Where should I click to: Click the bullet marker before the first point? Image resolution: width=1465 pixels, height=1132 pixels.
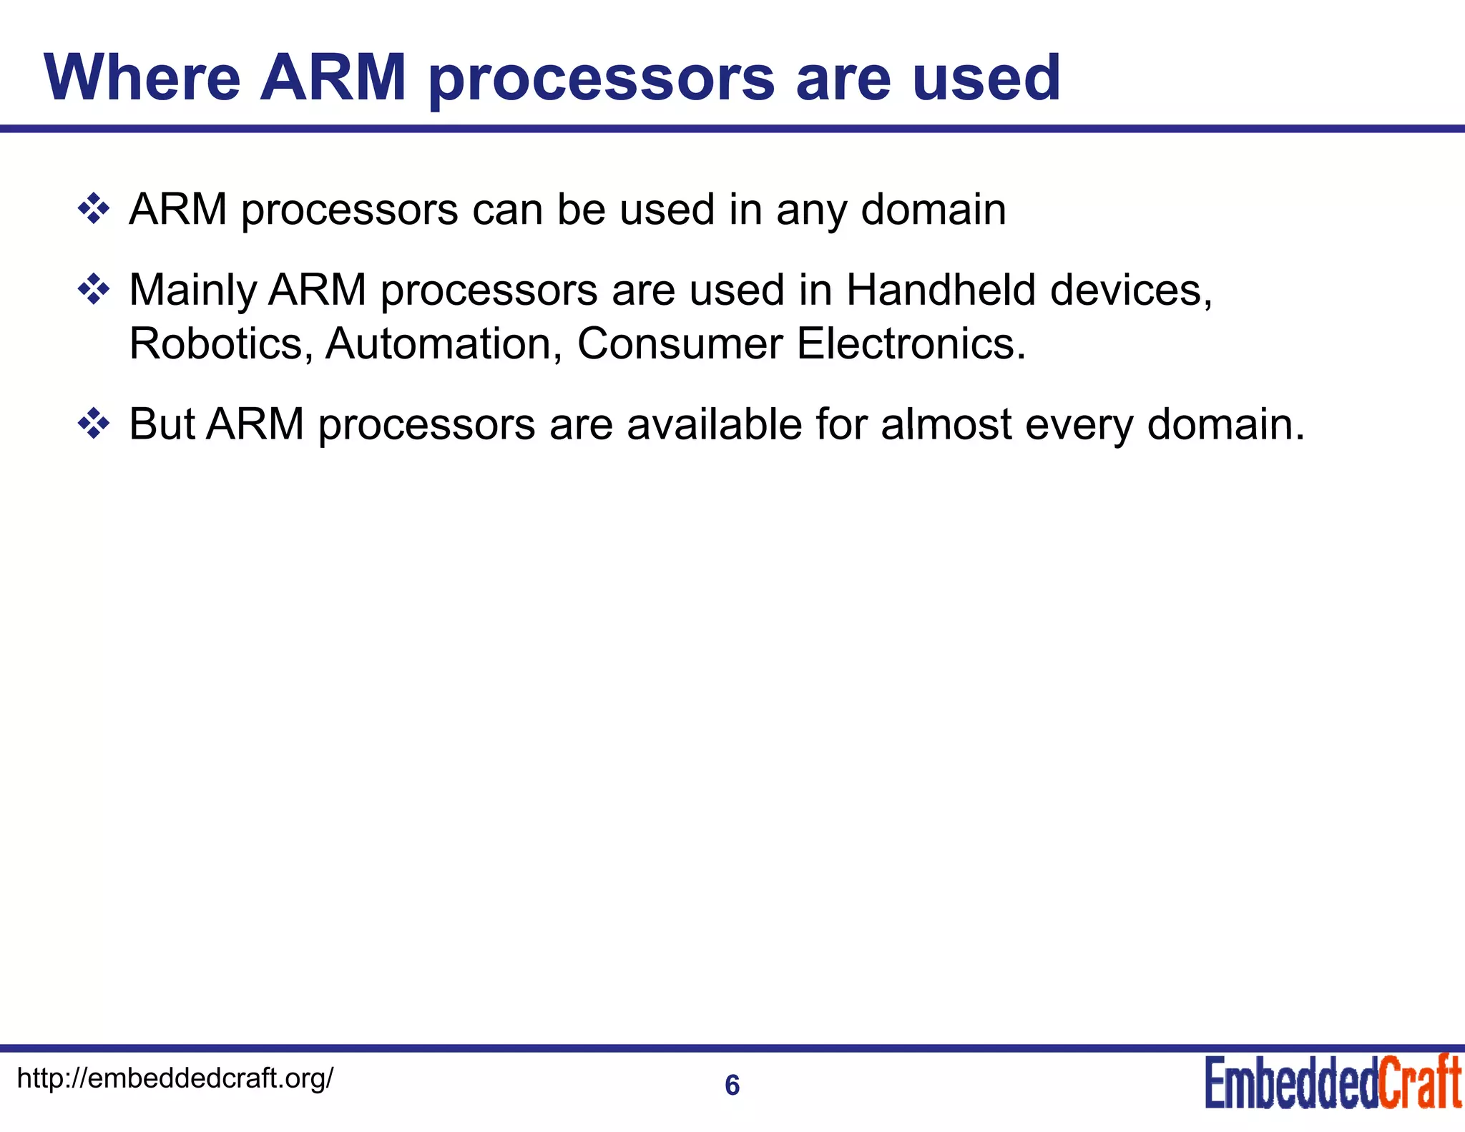(x=94, y=210)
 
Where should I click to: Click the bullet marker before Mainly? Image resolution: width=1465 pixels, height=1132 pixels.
(x=94, y=291)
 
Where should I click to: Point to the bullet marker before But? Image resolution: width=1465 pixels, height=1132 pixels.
(x=94, y=424)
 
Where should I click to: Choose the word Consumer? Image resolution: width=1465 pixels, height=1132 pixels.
(x=680, y=343)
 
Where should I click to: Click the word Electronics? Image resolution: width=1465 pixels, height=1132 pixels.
(x=911, y=343)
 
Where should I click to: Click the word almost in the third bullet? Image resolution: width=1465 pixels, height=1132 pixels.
(x=946, y=424)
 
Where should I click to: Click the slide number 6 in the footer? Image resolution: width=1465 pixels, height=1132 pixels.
(x=732, y=1085)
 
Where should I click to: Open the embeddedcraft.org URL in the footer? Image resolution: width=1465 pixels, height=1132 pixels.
(x=175, y=1078)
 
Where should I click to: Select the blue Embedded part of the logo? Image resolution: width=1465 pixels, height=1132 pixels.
(x=1291, y=1083)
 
